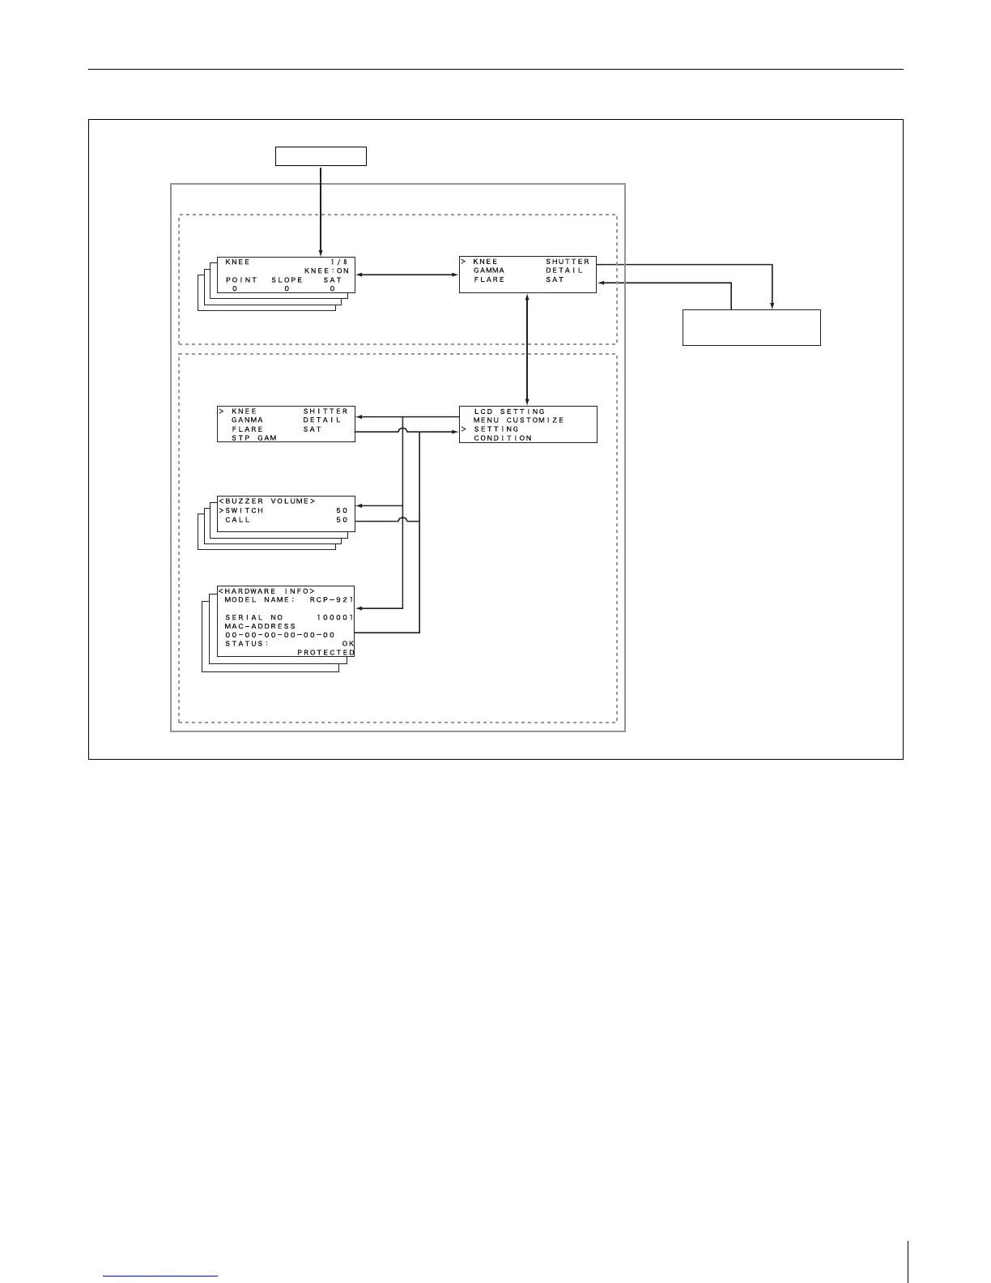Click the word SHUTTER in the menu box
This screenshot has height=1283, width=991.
pos(568,262)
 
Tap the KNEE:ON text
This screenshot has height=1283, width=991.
pos(326,271)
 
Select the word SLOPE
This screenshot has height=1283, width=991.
pos(287,280)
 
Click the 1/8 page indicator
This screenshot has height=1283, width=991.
pos(338,262)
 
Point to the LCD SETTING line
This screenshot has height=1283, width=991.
pos(509,411)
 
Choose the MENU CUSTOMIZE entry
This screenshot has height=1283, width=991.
pos(518,420)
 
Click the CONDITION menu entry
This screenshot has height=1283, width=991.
pos(503,438)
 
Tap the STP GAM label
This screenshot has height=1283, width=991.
pos(254,438)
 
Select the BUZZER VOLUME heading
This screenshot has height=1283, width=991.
pos(267,501)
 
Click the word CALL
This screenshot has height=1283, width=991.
pos(238,520)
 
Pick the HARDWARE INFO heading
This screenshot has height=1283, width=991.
pos(267,591)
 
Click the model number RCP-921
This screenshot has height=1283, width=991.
pos(332,600)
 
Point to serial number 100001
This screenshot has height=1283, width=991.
pos(334,618)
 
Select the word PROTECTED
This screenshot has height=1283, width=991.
pos(325,653)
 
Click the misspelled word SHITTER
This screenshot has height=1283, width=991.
pos(325,411)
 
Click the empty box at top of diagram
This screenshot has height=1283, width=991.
pos(321,156)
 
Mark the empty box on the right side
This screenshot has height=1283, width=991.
pos(751,327)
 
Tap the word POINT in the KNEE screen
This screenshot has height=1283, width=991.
pos(241,280)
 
